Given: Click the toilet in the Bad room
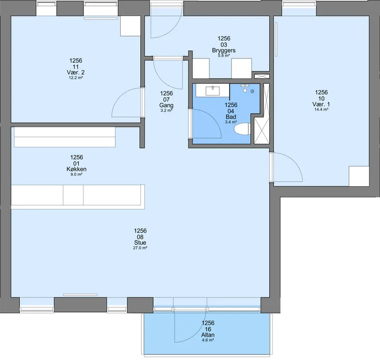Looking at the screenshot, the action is click(242, 129).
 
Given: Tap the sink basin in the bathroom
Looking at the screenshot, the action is click(213, 91).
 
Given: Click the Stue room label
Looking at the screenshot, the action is click(140, 243).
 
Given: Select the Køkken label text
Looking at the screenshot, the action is click(77, 169).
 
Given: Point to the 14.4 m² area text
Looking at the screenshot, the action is click(321, 110).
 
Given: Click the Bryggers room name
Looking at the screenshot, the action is click(224, 50).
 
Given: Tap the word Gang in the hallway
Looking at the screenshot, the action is click(166, 105).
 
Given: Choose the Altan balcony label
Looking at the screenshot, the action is click(208, 335).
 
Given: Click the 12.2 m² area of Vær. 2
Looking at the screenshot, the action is click(76, 78).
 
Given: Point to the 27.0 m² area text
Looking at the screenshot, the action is click(140, 248).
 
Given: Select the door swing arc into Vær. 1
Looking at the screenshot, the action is click(294, 160).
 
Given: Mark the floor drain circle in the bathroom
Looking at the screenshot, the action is click(252, 92).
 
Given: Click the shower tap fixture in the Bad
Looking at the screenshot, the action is click(245, 88).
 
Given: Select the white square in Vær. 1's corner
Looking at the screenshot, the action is click(359, 176).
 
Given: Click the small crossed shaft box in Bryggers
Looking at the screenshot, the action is click(262, 76).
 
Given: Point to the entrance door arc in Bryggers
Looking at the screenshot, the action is click(171, 31).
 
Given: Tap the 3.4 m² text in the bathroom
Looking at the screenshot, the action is click(231, 122).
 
